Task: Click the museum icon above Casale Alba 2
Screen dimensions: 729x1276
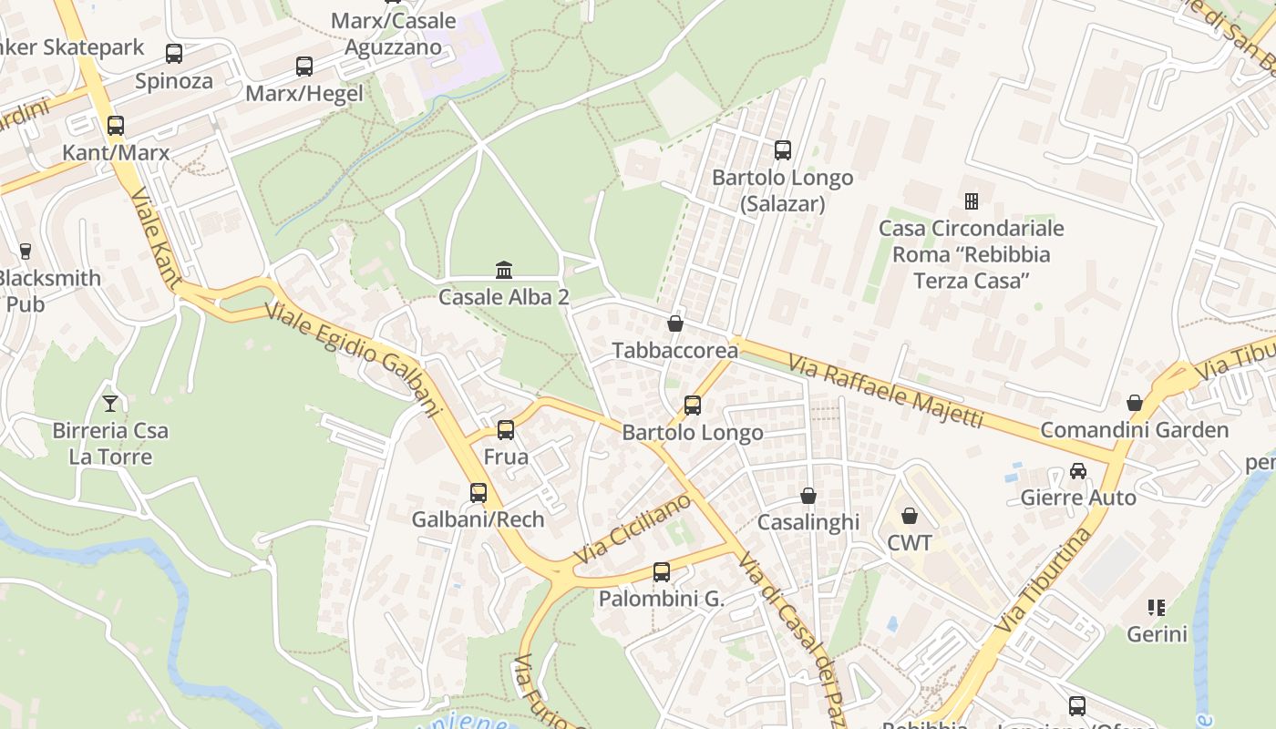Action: [504, 270]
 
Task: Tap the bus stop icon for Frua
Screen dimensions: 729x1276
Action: [506, 429]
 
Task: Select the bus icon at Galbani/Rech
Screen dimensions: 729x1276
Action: [478, 493]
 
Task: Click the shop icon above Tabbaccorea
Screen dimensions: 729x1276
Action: [675, 323]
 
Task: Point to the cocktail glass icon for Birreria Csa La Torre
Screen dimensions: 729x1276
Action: [110, 403]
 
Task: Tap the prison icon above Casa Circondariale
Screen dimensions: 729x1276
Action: [972, 200]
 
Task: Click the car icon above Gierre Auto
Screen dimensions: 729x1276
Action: [1078, 471]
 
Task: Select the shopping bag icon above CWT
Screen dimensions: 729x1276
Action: [910, 516]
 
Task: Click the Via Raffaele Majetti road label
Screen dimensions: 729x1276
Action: [886, 392]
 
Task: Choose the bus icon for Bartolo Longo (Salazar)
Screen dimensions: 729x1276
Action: [783, 150]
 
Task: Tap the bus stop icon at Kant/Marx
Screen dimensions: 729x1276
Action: [116, 126]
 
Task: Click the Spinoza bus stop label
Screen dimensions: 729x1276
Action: [174, 81]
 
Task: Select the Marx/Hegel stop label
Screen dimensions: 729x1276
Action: [304, 93]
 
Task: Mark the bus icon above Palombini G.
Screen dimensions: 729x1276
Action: [662, 572]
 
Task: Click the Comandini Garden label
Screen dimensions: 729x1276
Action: [1135, 430]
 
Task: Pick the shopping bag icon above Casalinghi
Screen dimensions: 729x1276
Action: [808, 496]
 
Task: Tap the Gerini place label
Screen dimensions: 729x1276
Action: [1157, 633]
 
